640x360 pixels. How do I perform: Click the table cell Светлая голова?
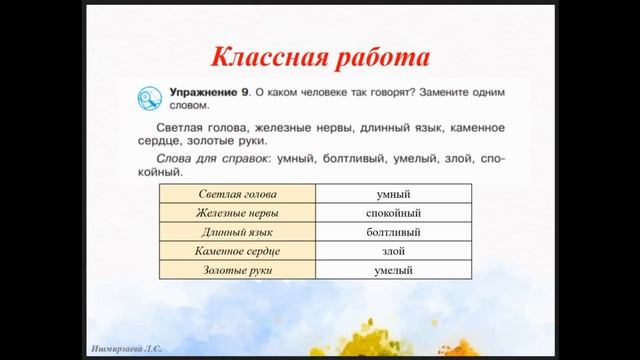pos(237,194)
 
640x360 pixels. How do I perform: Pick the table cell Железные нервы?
pos(237,213)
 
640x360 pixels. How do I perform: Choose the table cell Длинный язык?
pos(237,232)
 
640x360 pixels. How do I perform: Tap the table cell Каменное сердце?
pos(237,251)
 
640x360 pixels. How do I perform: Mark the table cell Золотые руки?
pos(237,270)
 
